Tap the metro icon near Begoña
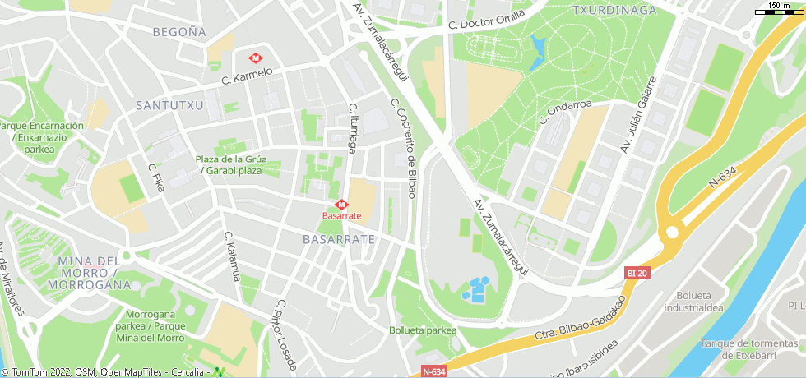[256, 58]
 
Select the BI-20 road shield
[637, 273]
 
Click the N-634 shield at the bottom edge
[433, 371]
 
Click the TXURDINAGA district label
[614, 11]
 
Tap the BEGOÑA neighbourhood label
[179, 32]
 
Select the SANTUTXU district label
[169, 105]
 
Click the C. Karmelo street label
[247, 76]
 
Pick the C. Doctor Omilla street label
[487, 22]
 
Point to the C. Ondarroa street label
[565, 113]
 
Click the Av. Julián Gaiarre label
[639, 115]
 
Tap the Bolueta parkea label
[423, 330]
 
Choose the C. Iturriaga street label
[353, 128]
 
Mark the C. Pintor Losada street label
[285, 332]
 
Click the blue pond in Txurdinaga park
[538, 50]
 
